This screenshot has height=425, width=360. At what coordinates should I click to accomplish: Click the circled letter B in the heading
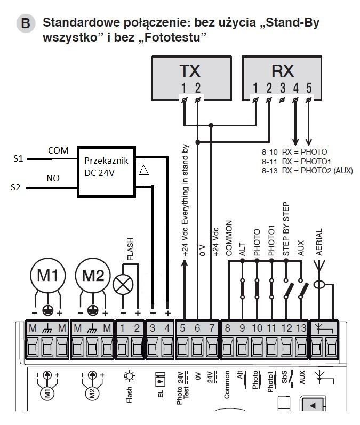(x=26, y=23)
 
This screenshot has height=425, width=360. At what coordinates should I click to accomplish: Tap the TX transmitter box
(x=191, y=78)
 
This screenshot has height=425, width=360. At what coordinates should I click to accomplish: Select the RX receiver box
(x=282, y=78)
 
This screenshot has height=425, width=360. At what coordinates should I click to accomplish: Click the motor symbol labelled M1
(x=47, y=275)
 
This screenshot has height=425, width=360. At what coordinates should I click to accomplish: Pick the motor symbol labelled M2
(x=93, y=275)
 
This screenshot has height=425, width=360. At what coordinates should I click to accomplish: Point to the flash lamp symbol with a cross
(x=123, y=285)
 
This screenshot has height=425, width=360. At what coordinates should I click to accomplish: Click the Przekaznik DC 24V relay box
(x=106, y=172)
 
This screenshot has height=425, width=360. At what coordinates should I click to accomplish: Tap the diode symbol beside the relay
(x=143, y=170)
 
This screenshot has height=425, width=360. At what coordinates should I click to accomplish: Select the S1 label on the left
(x=18, y=158)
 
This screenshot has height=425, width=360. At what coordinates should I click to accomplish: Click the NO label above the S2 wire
(x=53, y=178)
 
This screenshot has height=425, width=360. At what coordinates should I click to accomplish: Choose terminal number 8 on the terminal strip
(x=227, y=328)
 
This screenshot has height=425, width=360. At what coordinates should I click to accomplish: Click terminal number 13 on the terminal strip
(x=301, y=328)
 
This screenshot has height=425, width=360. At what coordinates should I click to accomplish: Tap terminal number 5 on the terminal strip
(x=182, y=328)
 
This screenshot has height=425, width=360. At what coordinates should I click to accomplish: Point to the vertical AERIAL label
(x=319, y=242)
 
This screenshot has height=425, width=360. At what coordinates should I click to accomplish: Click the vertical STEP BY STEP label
(x=286, y=229)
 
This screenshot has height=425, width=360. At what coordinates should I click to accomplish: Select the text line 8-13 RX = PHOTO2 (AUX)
(x=307, y=171)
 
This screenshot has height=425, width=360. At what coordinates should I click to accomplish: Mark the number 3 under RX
(x=283, y=88)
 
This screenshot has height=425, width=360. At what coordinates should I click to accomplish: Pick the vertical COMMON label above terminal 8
(x=229, y=238)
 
